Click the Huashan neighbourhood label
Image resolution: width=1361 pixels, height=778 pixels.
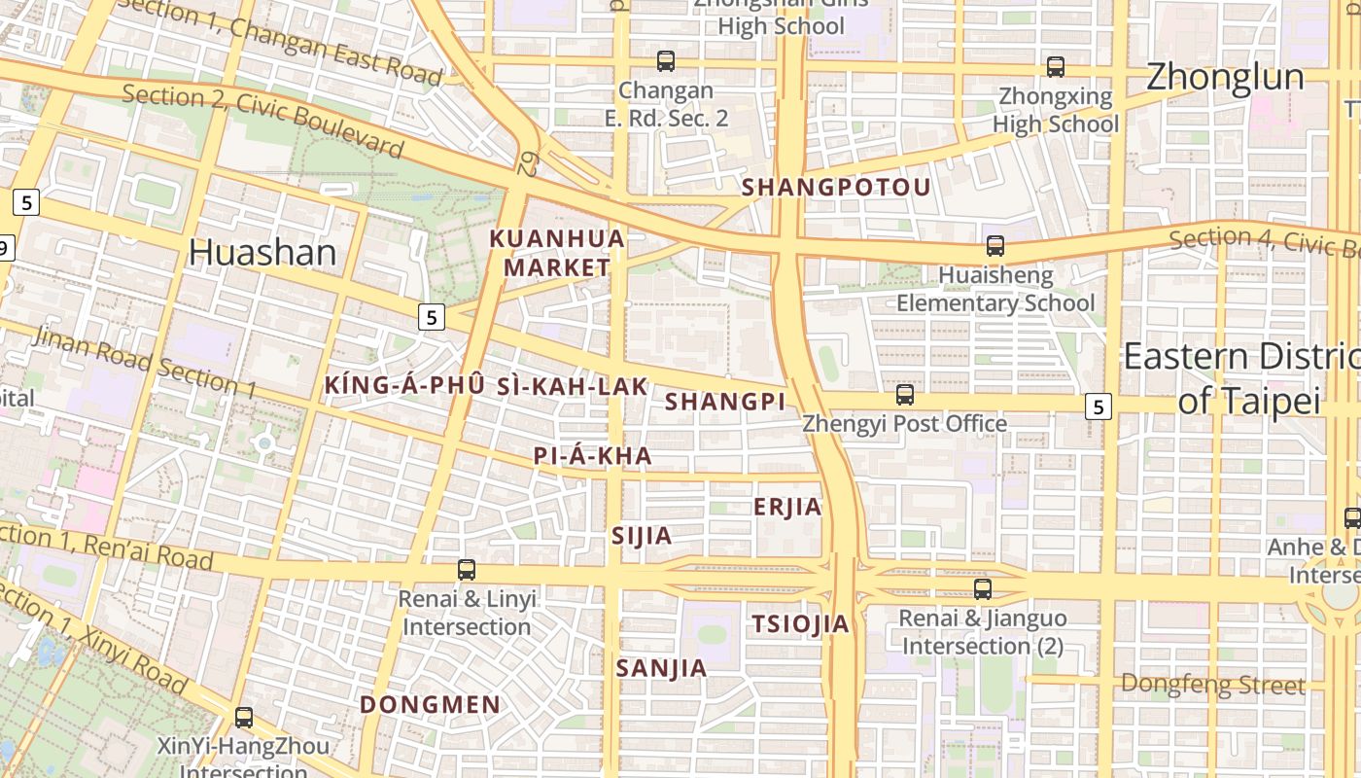[x=262, y=252]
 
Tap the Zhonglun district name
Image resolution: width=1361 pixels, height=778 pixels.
[x=1225, y=77]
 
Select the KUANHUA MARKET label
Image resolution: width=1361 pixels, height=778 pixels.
[x=557, y=253]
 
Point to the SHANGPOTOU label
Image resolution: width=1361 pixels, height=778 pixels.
[x=836, y=187]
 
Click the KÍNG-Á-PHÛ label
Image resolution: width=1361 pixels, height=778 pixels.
[x=404, y=386]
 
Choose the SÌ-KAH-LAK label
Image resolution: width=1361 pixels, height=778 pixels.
[x=572, y=386]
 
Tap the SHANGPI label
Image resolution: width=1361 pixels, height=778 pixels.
[x=725, y=401]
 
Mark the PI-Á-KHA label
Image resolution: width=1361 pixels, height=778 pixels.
[x=592, y=456]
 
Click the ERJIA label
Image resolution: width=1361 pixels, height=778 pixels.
[x=787, y=507]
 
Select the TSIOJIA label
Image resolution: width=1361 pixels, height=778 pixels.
[x=800, y=624]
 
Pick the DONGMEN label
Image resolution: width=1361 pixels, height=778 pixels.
[x=431, y=704]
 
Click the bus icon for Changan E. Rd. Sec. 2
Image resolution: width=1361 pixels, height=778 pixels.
[x=666, y=61]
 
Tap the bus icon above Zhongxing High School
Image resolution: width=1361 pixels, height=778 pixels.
[x=1056, y=67]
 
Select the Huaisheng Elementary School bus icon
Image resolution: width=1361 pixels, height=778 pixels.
[x=995, y=246]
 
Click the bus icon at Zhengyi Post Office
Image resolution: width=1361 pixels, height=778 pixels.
[x=905, y=395]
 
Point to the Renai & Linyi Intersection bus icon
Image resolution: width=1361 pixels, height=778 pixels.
[x=467, y=570]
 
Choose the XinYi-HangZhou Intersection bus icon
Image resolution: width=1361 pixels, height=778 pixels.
[x=244, y=718]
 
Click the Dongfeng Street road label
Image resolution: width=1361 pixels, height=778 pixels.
[x=1212, y=685]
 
